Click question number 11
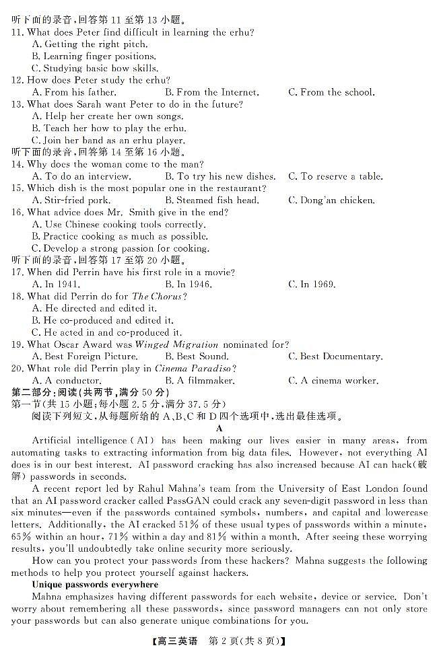click(18, 32)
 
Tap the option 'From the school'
click(331, 92)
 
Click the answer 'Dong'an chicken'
click(331, 200)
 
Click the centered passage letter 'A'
click(219, 428)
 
